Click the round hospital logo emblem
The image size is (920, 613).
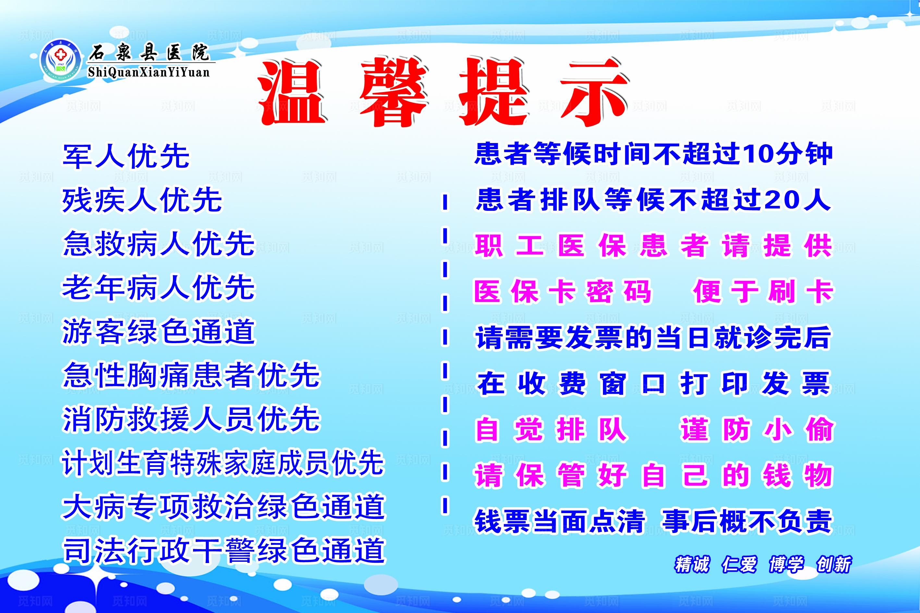point(60,60)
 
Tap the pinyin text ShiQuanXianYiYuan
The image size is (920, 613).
point(149,72)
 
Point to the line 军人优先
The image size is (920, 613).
point(126,156)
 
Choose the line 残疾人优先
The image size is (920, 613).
point(142,200)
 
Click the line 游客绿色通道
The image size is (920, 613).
point(158,331)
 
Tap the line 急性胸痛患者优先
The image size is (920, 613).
point(191,375)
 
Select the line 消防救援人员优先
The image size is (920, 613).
point(191,419)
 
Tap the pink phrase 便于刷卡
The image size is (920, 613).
point(763,291)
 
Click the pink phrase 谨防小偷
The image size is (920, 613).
point(757,429)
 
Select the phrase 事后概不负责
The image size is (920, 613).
point(747,521)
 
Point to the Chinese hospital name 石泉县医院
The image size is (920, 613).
point(149,52)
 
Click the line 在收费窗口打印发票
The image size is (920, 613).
point(653,383)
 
